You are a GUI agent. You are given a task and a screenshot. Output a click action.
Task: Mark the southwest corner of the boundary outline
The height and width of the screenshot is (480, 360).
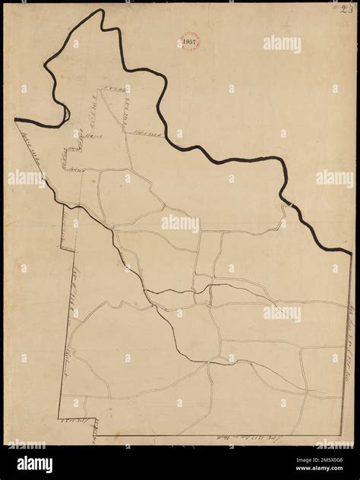tap(59, 417)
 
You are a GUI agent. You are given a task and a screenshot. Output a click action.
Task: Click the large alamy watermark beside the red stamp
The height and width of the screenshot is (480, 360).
tap(282, 44)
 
